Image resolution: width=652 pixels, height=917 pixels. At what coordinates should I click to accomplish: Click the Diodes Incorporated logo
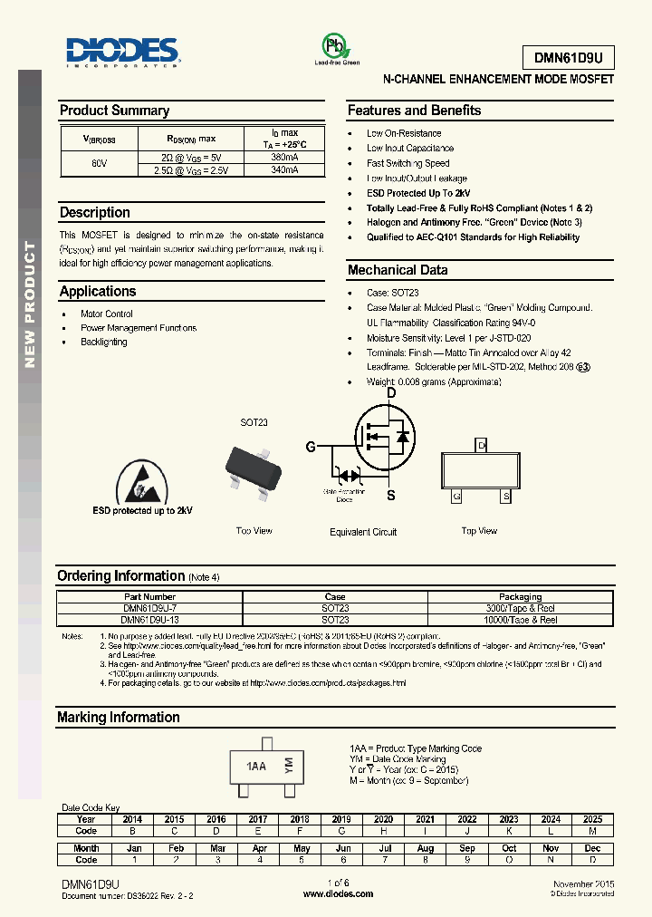pyautogui.click(x=123, y=53)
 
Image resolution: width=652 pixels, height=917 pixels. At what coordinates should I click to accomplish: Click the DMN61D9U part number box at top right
pyautogui.click(x=569, y=56)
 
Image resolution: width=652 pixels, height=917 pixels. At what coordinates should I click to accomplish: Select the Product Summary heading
pyautogui.click(x=114, y=111)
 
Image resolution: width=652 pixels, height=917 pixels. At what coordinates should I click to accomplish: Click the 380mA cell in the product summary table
pyautogui.click(x=284, y=157)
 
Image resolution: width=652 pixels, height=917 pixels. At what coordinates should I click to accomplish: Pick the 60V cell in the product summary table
pyautogui.click(x=99, y=163)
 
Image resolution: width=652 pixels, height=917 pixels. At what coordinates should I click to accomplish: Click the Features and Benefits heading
pyautogui.click(x=414, y=111)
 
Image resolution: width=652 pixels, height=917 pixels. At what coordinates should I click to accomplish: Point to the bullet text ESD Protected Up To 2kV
pyautogui.click(x=418, y=193)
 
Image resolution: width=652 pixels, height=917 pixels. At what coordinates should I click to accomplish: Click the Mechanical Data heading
pyautogui.click(x=398, y=270)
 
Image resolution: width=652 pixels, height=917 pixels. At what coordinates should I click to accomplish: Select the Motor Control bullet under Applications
pyautogui.click(x=107, y=314)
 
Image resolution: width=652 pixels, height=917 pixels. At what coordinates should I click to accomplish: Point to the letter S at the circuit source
pyautogui.click(x=390, y=496)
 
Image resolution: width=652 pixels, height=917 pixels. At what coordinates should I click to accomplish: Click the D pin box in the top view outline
pyautogui.click(x=481, y=445)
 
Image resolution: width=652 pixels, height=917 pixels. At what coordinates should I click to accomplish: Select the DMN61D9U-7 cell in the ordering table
pyautogui.click(x=149, y=608)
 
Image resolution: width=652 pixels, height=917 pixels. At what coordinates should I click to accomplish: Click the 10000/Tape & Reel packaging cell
pyautogui.click(x=520, y=620)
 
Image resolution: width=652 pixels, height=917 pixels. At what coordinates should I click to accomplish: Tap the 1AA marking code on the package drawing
pyautogui.click(x=256, y=766)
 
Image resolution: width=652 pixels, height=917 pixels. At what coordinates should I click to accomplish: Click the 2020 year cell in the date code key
pyautogui.click(x=383, y=818)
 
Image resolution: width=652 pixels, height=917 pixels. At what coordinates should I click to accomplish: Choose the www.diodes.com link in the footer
pyautogui.click(x=338, y=893)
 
